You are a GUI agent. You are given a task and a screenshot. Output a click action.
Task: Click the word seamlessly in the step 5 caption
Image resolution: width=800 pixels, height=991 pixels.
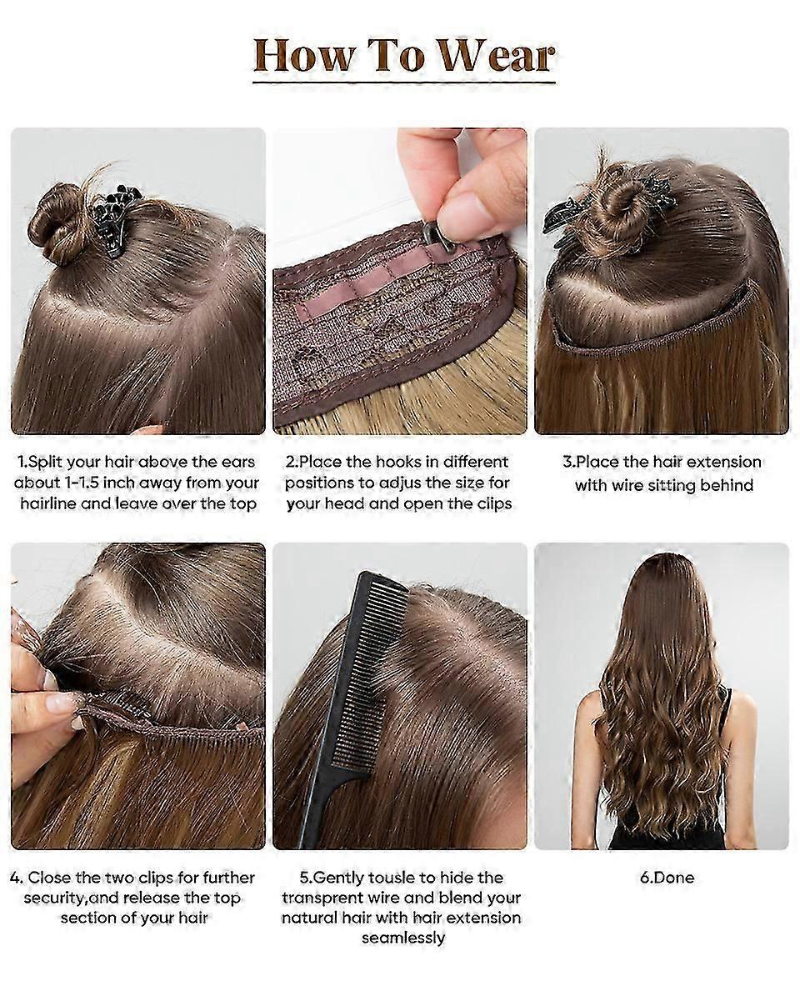point(403,938)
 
